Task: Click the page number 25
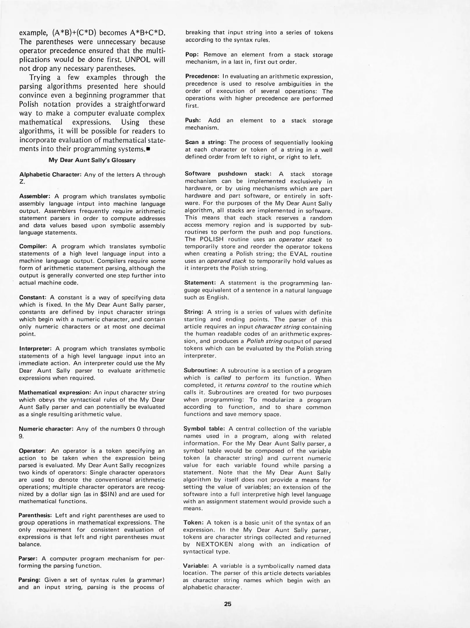(228, 604)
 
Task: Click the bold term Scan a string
(205, 142)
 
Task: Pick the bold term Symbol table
(204, 429)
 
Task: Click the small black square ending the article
(148, 150)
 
